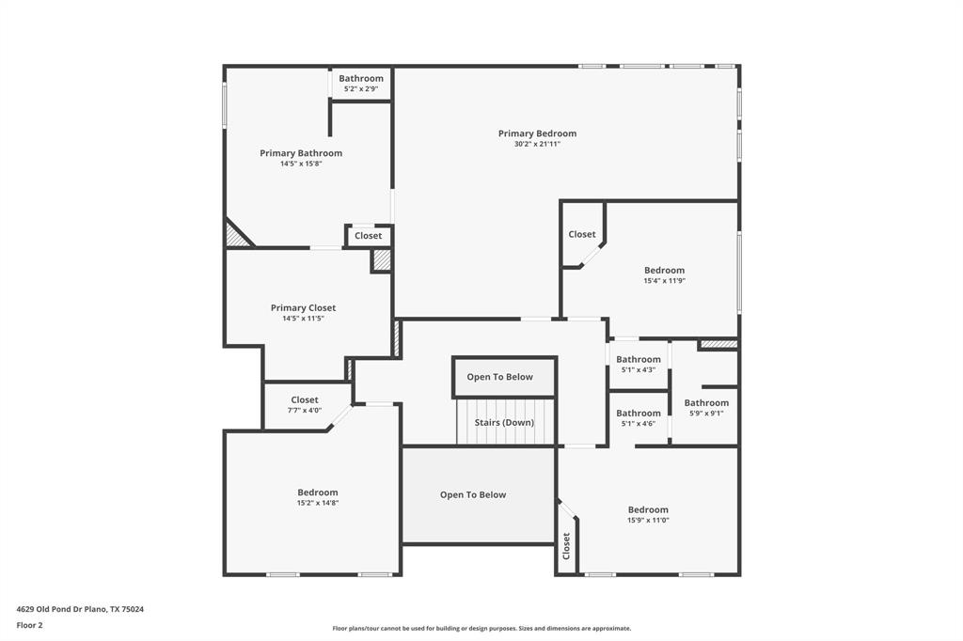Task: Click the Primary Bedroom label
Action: tap(537, 133)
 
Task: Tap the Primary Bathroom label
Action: tap(301, 153)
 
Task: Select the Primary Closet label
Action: tap(303, 308)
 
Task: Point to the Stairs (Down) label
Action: tap(504, 423)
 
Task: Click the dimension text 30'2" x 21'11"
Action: tap(537, 145)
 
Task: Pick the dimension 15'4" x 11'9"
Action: tap(664, 281)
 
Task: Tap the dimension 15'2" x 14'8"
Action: tap(317, 503)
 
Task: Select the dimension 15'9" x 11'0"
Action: tap(648, 521)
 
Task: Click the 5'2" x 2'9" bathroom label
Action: tap(361, 79)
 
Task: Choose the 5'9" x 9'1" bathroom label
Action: tap(706, 403)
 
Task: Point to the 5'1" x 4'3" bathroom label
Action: tap(639, 359)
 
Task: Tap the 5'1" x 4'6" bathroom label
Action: tap(639, 414)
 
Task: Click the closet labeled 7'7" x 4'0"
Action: tap(305, 400)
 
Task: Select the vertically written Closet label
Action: tap(566, 546)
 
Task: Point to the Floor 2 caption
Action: tap(30, 625)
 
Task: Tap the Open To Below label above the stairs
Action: tap(499, 377)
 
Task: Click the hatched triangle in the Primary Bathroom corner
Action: tap(235, 236)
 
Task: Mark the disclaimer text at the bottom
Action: tap(481, 629)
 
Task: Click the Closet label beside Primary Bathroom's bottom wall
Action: tap(369, 236)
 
